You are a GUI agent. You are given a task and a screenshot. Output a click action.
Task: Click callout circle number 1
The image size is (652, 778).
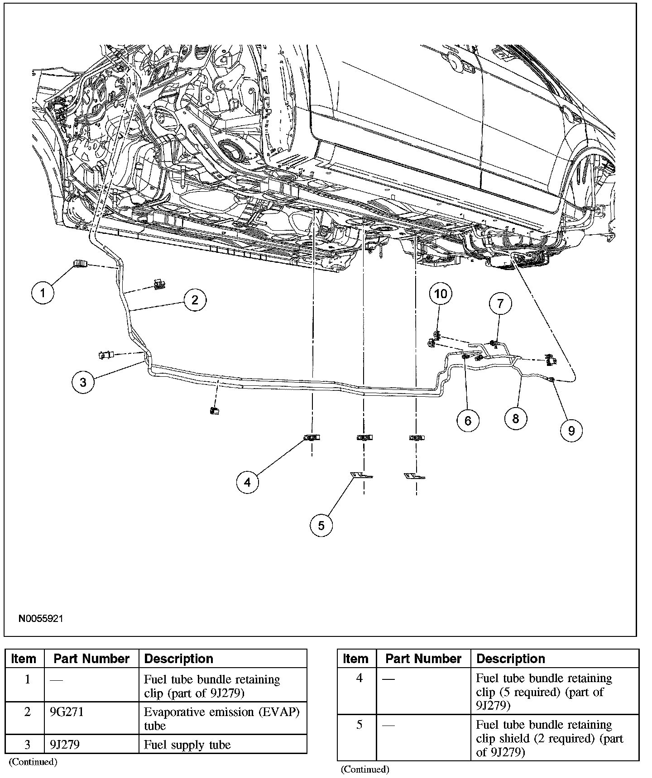tap(43, 293)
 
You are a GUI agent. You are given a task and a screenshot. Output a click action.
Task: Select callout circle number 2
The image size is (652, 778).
tap(195, 300)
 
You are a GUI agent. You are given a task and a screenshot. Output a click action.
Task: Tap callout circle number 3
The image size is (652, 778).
tap(83, 382)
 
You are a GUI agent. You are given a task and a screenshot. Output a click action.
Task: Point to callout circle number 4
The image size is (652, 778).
tap(247, 482)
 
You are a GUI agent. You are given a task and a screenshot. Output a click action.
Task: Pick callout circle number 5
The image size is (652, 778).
tap(321, 525)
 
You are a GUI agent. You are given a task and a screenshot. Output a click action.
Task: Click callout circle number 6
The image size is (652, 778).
tap(468, 421)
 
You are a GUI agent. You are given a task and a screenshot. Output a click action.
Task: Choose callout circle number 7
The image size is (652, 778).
tap(500, 304)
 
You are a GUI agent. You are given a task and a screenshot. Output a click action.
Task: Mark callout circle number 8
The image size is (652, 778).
tap(515, 418)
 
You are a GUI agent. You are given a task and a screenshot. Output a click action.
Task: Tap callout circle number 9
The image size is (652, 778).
tap(571, 430)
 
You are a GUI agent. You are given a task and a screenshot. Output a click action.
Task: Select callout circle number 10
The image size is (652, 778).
tap(441, 294)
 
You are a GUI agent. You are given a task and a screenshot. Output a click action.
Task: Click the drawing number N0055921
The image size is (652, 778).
tap(41, 619)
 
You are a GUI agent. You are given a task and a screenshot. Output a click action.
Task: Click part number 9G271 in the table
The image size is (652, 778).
tap(67, 712)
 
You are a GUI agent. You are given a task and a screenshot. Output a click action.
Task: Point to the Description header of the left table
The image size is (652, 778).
tap(178, 659)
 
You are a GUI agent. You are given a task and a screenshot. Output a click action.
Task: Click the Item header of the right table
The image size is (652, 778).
tap(356, 659)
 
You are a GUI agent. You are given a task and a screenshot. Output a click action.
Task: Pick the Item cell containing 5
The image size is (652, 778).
tap(360, 724)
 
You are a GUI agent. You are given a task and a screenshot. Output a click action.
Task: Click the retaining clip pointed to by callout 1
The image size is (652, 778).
tap(80, 263)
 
